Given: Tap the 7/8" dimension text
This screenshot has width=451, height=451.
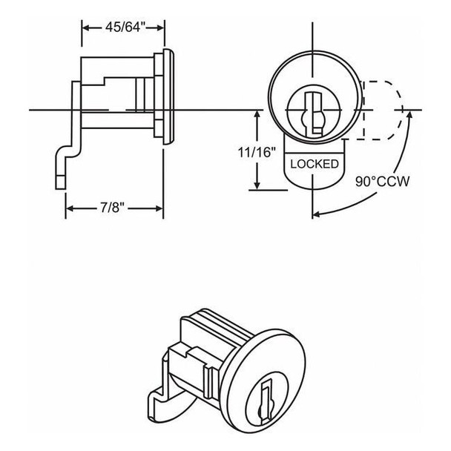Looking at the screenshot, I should [114, 209].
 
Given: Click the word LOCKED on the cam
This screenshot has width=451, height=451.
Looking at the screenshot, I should [314, 163].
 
